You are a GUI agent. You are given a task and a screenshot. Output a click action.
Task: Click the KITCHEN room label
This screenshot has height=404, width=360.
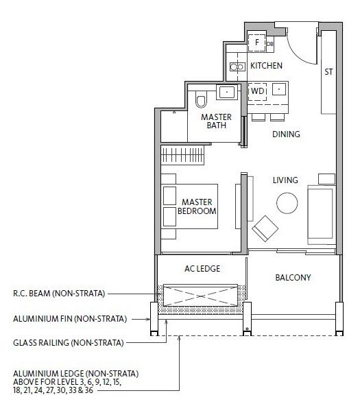tap(266, 66)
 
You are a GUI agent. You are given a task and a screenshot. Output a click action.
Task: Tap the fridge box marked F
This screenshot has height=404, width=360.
tap(256, 43)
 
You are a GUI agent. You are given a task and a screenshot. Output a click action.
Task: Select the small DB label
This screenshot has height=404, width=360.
tap(269, 44)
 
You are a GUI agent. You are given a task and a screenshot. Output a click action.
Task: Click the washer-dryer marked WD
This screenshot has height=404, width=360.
tap(258, 91)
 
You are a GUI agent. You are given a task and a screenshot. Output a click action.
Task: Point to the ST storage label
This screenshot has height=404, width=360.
tap(328, 72)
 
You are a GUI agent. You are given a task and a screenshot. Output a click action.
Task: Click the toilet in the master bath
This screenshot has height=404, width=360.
tap(201, 99)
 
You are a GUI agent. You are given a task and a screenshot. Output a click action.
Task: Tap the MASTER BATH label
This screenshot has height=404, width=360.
tap(216, 121)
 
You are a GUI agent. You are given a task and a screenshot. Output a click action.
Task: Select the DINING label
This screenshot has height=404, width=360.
tap(286, 134)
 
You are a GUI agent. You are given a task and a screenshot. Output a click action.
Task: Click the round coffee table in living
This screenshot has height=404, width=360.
tap(287, 203)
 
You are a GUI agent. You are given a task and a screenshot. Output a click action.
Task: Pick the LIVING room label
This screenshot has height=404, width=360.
tap(285, 180)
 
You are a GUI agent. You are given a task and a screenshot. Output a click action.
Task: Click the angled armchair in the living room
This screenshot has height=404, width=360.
tap(265, 228)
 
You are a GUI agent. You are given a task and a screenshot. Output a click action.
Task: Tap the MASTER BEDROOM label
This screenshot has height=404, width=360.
tap(197, 206)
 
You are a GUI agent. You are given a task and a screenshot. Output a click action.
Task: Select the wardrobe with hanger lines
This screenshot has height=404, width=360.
tap(182, 155)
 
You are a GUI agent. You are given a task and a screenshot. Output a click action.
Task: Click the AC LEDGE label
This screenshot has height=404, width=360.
tap(202, 269)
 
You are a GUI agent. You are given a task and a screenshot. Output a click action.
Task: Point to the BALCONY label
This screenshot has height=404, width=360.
tap(293, 278)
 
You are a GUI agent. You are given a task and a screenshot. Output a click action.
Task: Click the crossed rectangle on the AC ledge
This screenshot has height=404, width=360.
tap(200, 295)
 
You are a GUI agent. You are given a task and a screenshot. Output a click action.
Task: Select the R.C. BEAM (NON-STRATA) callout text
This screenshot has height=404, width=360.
tap(59, 294)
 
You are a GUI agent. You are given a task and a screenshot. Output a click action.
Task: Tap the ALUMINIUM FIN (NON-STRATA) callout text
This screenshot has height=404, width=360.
tap(70, 319)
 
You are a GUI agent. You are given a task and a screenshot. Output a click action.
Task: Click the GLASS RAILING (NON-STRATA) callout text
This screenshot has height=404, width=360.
tap(69, 343)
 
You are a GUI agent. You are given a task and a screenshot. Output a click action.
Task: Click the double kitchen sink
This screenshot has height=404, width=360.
tap(237, 67)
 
